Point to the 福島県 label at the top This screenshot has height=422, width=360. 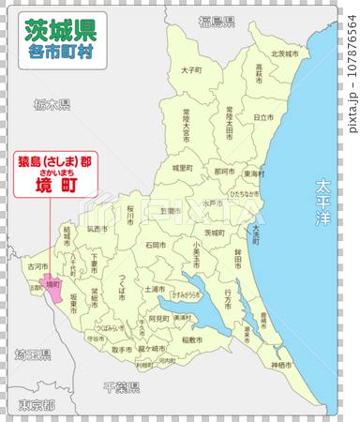coord(217,21)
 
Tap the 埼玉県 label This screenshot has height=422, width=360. coord(32,355)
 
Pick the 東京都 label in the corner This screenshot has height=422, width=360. coord(36,406)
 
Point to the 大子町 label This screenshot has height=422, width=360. coord(190,69)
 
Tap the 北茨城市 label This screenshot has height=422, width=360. coord(284,54)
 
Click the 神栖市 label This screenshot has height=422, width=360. coord(280,364)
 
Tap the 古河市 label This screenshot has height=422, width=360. coord(37,267)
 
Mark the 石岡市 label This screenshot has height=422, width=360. coord(157,245)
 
